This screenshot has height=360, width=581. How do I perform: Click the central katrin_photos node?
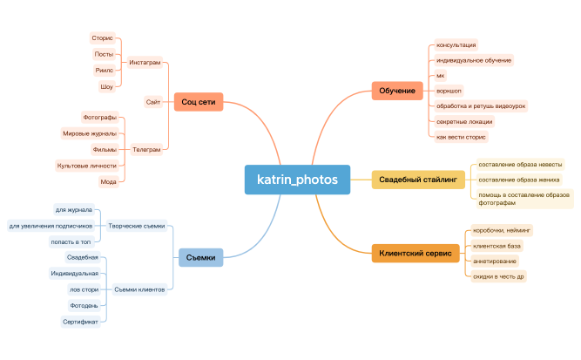click(297, 180)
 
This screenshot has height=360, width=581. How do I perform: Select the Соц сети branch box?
click(199, 103)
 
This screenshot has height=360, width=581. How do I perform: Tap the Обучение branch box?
click(397, 91)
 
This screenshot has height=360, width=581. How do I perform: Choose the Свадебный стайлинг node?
click(417, 180)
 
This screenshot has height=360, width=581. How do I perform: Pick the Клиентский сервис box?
click(415, 254)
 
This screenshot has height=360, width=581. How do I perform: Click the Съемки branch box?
click(201, 256)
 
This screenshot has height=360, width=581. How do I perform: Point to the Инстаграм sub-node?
click(145, 63)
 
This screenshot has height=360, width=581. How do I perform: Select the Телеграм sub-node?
click(145, 149)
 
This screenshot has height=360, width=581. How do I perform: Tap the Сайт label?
click(153, 103)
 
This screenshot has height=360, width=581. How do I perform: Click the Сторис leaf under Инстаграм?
click(102, 38)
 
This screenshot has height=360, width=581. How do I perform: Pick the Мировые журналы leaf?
click(89, 133)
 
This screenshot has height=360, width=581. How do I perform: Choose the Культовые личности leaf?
click(86, 165)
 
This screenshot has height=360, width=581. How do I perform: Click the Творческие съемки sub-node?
click(136, 226)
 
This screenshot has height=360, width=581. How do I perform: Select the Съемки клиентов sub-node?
click(139, 289)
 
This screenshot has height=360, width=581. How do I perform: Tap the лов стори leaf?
click(84, 289)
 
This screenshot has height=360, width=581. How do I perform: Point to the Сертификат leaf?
click(80, 322)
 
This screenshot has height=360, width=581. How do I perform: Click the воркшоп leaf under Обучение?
click(449, 91)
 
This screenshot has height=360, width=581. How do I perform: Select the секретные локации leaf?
click(464, 122)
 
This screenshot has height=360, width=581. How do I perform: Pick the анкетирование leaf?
click(494, 261)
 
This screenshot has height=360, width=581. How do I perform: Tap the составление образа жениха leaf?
click(519, 180)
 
